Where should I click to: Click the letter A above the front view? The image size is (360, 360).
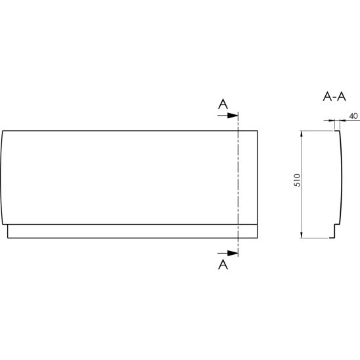(223, 104)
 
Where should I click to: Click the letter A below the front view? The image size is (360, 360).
(223, 265)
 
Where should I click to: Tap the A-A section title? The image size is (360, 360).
(334, 97)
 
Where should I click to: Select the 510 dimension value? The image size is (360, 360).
(297, 180)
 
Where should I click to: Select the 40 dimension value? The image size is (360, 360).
(353, 116)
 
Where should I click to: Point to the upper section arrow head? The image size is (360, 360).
(233, 116)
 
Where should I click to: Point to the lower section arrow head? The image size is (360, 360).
(233, 253)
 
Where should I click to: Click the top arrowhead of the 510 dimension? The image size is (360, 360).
(302, 133)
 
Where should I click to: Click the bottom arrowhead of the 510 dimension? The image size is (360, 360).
(302, 235)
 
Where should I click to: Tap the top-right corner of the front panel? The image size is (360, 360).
(258, 131)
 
